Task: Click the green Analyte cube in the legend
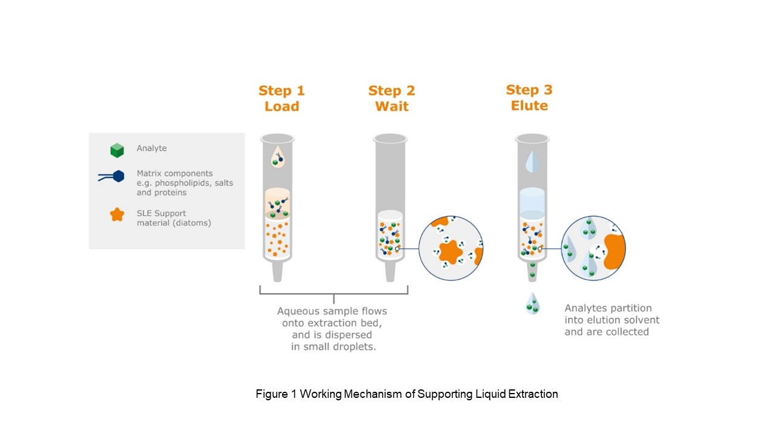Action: (x=117, y=151)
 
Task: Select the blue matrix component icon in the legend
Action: (x=111, y=176)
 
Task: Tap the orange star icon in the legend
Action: (x=117, y=215)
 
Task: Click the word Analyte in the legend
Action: (x=151, y=148)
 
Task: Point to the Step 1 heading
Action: (x=282, y=91)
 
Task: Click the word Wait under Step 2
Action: (x=392, y=106)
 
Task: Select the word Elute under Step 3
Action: (x=529, y=105)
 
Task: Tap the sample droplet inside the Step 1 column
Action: (x=277, y=157)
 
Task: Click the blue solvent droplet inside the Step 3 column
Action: (x=532, y=161)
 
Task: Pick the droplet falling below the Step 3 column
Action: (x=532, y=304)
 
